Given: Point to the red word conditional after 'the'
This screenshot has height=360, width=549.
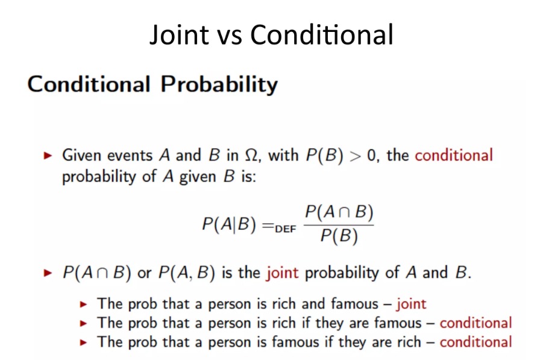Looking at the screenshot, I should [x=454, y=156].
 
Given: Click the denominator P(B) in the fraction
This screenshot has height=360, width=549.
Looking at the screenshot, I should [x=339, y=236].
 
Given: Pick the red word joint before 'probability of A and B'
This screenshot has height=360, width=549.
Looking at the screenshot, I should [x=282, y=273].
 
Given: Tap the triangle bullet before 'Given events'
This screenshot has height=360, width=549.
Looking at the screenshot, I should [x=48, y=156].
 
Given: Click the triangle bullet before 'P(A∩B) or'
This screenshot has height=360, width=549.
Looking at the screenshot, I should [x=48, y=273].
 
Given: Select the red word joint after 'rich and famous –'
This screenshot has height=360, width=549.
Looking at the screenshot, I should [x=412, y=304].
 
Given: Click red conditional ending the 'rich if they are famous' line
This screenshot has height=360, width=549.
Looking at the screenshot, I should [x=475, y=323].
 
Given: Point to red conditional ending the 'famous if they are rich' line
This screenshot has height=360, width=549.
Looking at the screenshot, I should [x=475, y=343].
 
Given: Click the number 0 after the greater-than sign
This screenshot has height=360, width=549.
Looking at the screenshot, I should [x=371, y=156].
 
